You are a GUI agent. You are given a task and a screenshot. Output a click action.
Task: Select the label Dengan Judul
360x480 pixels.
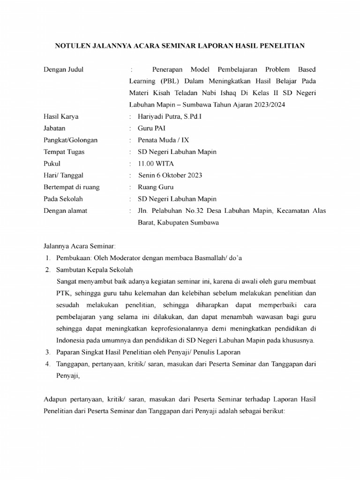click(63, 70)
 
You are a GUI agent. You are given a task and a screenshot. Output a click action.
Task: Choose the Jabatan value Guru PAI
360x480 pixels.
click(151, 128)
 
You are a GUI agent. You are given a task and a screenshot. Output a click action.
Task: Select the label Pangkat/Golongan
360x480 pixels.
click(71, 140)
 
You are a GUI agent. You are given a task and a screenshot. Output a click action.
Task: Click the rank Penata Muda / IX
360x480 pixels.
click(164, 140)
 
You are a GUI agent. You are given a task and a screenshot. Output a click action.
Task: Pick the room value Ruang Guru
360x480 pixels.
click(156, 187)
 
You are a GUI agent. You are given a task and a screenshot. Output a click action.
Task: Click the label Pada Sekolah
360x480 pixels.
click(64, 199)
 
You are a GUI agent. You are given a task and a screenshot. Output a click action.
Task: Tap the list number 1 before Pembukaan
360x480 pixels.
click(48, 258)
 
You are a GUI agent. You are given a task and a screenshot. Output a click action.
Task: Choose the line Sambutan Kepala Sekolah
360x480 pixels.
click(95, 270)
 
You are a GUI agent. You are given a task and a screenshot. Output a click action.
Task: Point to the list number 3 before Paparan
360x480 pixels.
click(48, 352)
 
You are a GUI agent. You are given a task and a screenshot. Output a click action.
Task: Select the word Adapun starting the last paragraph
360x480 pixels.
click(56, 399)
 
